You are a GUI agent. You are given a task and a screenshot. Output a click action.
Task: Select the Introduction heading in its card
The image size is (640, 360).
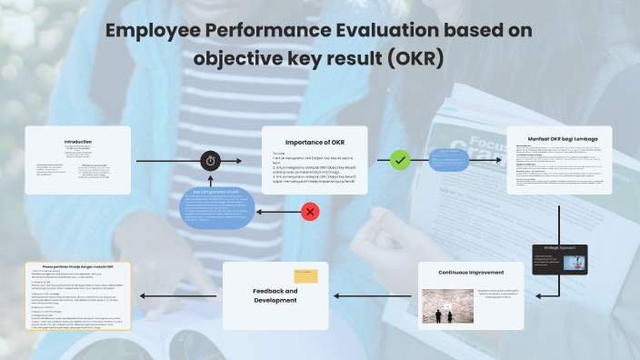[77, 142]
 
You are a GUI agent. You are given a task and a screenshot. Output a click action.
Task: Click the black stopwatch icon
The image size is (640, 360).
[211, 160]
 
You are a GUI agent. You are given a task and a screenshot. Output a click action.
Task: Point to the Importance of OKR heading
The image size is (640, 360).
[315, 142]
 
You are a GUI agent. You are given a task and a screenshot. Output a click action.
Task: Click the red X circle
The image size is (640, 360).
[310, 212]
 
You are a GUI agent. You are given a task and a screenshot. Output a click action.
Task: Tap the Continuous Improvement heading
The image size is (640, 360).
[473, 272]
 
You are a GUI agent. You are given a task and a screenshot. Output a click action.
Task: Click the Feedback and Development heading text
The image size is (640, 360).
[275, 295]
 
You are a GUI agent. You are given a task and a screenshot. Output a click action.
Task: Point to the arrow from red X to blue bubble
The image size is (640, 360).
[276, 212]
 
